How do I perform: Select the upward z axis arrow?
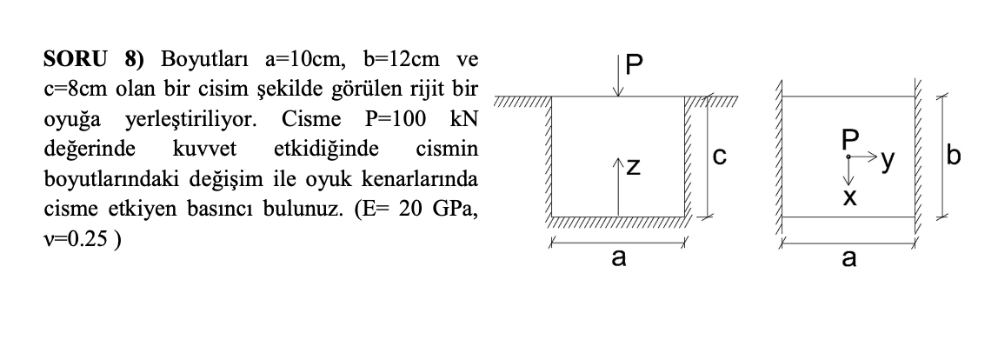coord(617,187)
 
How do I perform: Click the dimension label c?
coord(719,157)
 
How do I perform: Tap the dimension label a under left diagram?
coord(617,260)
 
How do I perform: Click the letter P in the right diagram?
coord(848,139)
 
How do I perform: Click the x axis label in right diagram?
coord(848,198)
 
